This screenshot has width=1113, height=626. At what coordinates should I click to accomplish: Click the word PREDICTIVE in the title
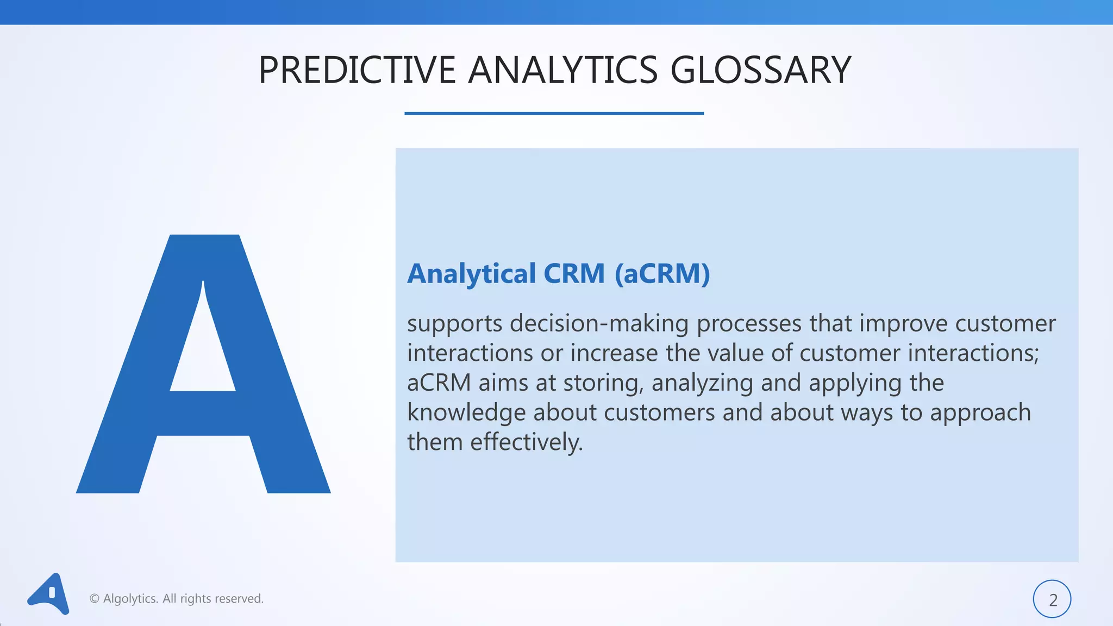point(357,71)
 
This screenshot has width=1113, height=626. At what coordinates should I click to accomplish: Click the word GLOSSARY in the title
point(760,71)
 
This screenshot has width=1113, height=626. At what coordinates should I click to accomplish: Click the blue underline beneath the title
point(554,113)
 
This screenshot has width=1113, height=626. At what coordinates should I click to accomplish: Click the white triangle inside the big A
point(203,353)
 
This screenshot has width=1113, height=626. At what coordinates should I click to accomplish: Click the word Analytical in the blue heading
point(472,273)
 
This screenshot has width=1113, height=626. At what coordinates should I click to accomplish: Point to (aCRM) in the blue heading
point(662,273)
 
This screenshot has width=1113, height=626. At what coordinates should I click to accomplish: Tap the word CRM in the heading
point(574,273)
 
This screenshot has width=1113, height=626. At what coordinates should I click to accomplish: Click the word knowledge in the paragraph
point(466,413)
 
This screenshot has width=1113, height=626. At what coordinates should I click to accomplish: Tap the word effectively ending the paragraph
point(526,442)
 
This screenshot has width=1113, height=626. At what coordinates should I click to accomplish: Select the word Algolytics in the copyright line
point(130,599)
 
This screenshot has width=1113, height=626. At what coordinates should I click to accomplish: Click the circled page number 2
point(1052,599)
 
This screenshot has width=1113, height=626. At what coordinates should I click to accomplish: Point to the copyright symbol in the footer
point(95,599)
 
